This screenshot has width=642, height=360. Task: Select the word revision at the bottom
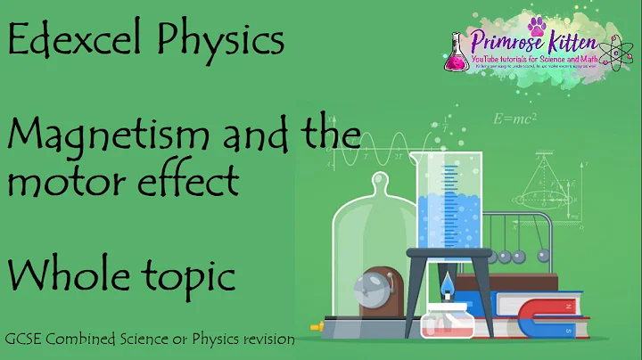tap(267, 340)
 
